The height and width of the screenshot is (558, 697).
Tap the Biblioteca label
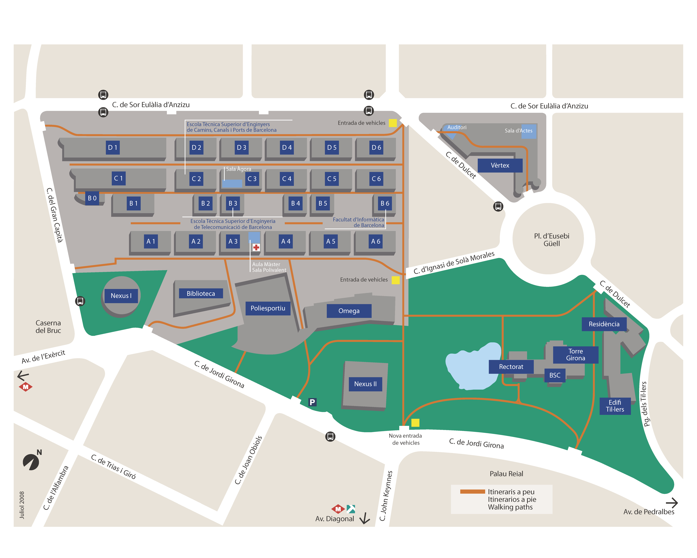201,293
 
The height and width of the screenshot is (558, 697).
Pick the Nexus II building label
365,384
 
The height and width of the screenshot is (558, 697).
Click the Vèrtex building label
500,165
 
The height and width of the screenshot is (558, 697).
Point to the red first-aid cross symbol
256,247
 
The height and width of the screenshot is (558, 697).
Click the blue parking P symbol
312,402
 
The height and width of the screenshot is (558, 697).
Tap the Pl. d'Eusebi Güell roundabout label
551,240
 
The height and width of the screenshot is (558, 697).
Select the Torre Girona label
575,355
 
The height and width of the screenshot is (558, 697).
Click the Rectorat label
511,366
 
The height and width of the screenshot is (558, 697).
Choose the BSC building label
555,375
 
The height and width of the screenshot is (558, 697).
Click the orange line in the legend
472,492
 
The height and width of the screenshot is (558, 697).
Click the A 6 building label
376,241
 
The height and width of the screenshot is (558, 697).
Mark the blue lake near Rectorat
472,367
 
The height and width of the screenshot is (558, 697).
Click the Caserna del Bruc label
48,327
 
